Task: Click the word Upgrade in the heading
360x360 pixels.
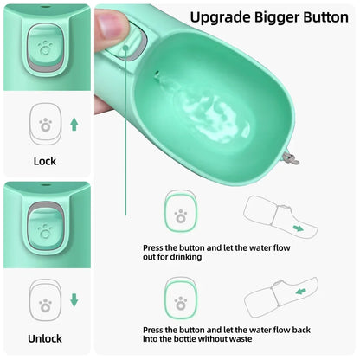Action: [221, 16]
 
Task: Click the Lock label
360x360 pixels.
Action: [44, 161]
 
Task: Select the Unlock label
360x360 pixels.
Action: [44, 337]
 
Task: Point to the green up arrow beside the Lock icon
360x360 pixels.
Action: [74, 125]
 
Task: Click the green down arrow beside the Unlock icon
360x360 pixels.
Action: [74, 300]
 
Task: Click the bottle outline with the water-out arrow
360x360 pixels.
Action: [275, 219]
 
